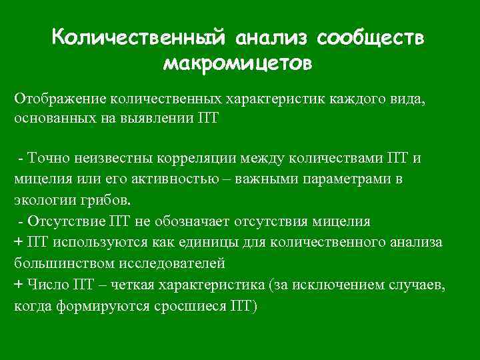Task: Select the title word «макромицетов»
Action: (237, 63)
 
